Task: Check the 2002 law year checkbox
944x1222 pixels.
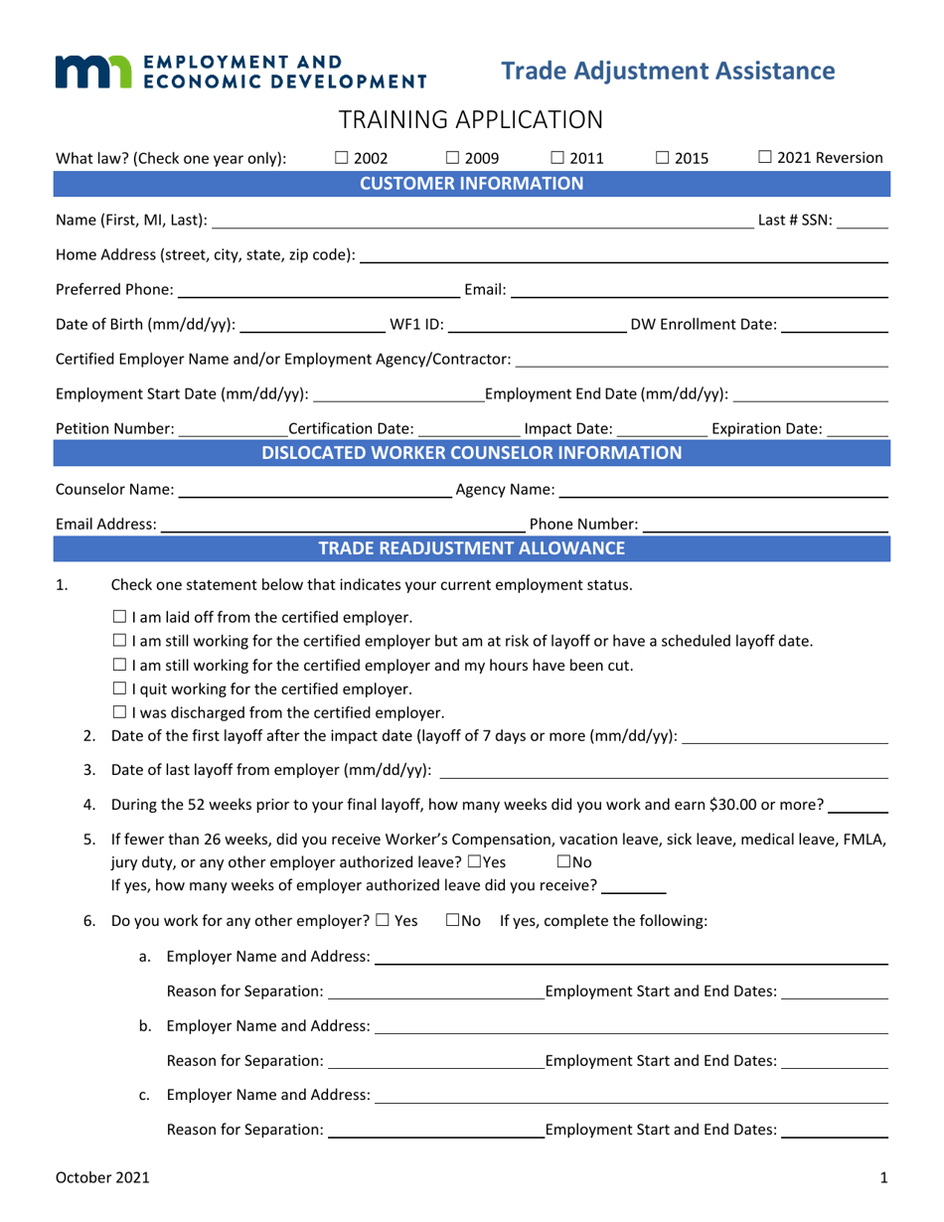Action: pos(341,157)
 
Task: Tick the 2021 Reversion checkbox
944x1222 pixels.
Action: pos(765,157)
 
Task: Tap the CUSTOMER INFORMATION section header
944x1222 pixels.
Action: pos(471,183)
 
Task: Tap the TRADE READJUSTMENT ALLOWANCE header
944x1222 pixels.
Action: pos(471,548)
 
